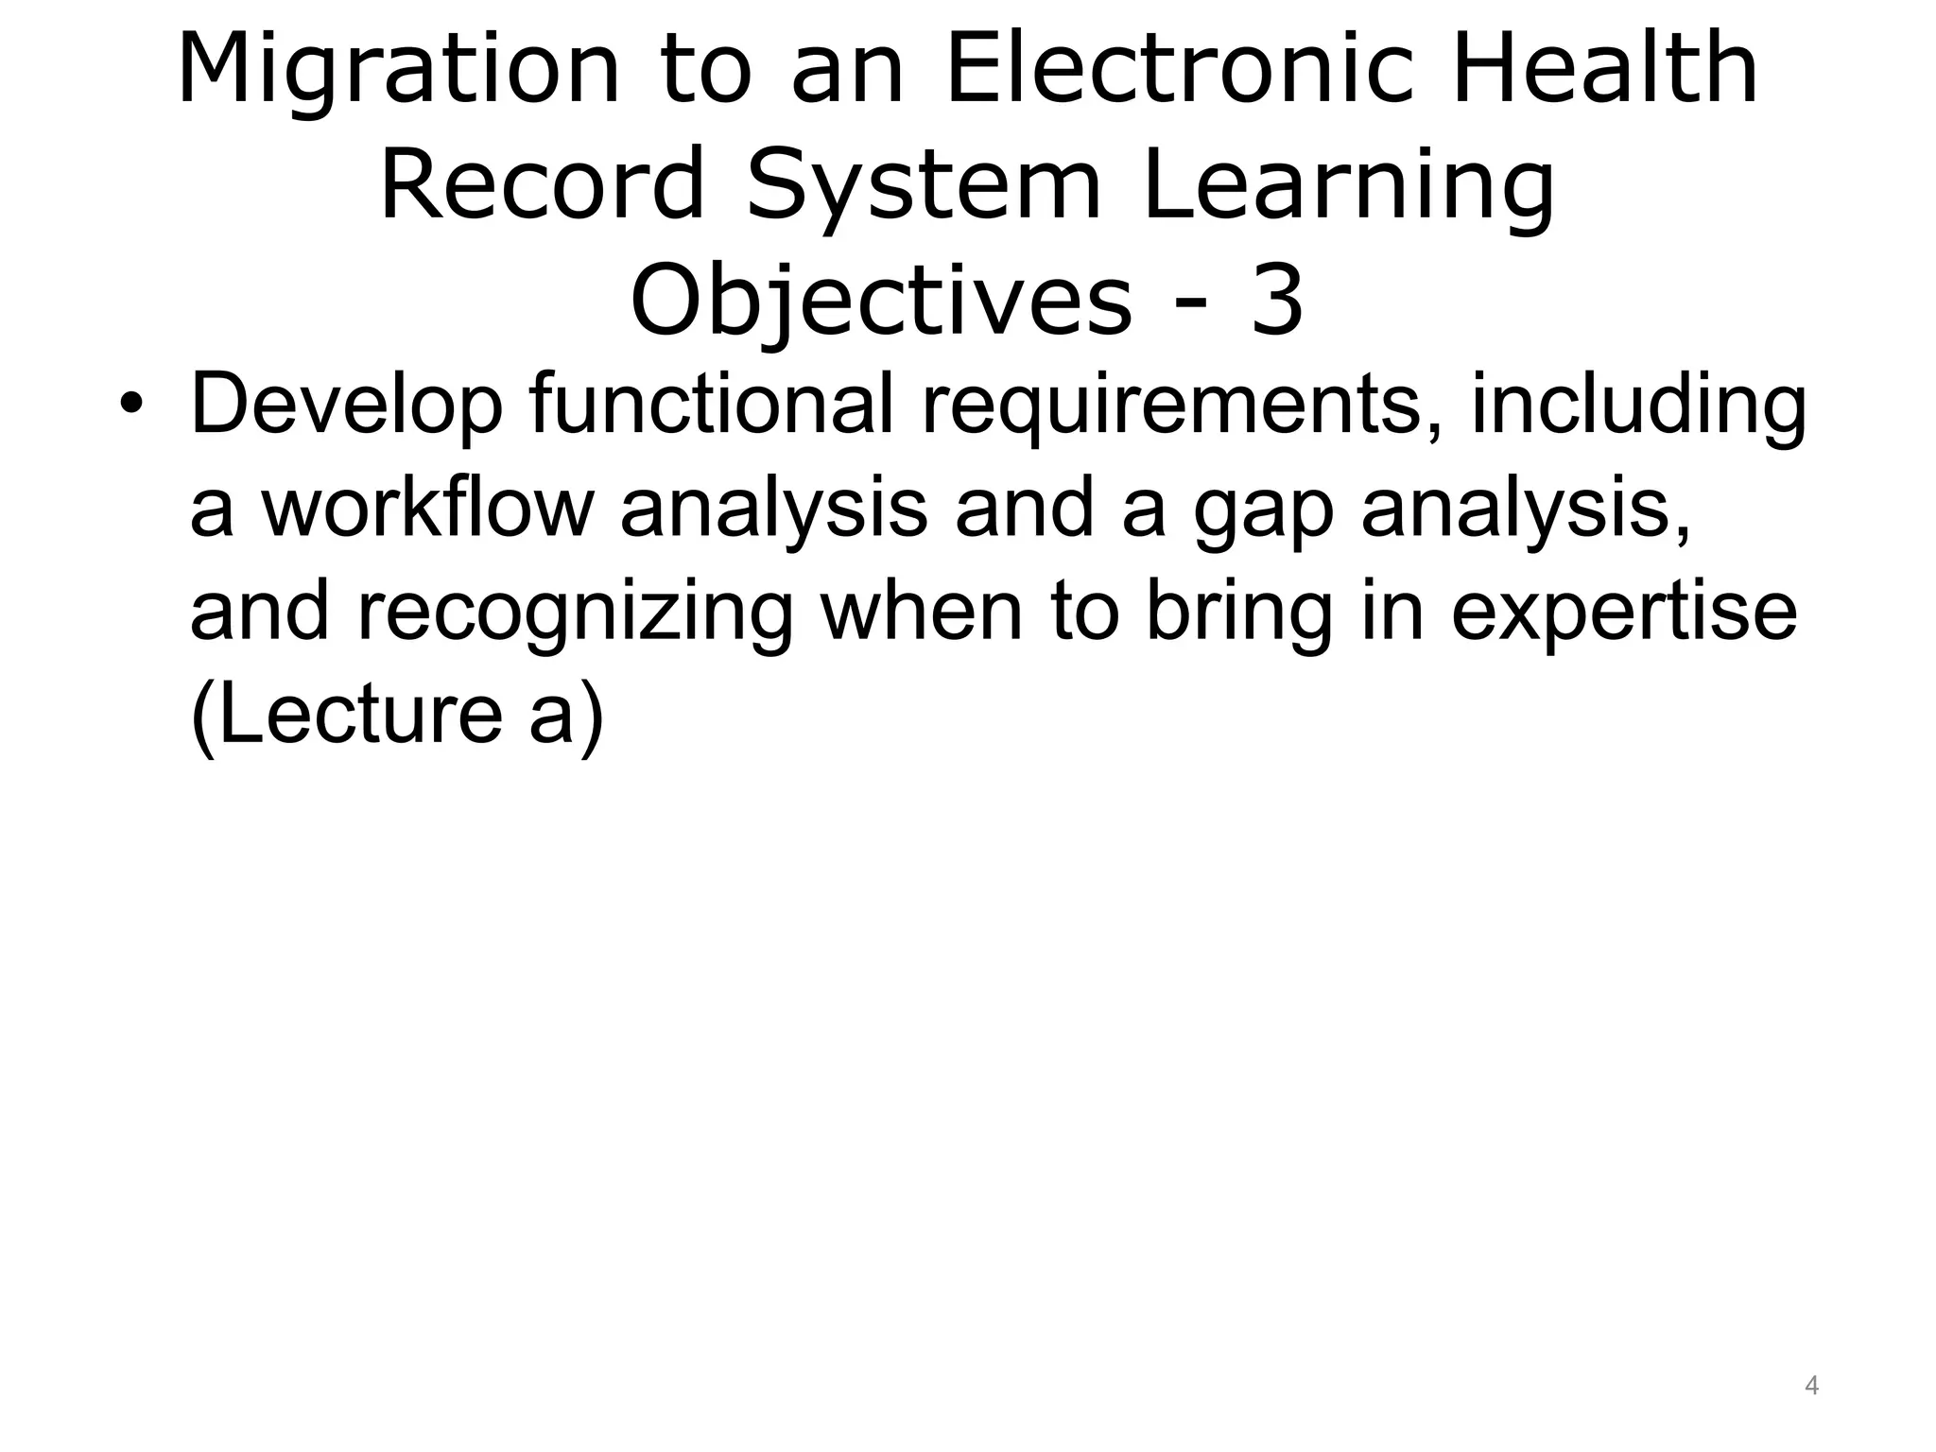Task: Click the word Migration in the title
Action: pos(398,72)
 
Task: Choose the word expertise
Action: pos(1623,614)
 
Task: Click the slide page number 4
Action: pos(1811,1387)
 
